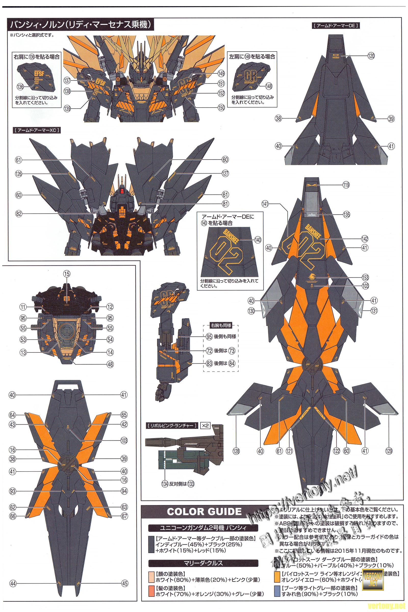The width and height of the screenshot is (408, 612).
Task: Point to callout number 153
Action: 365,277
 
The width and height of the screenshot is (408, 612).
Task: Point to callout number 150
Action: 221,109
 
